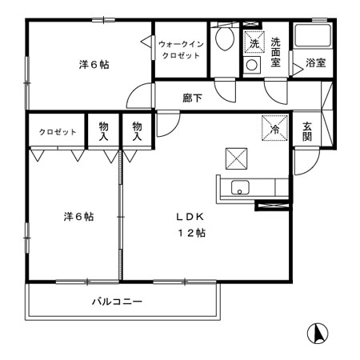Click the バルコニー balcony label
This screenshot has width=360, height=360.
click(x=116, y=302)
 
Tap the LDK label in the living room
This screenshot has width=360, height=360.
click(x=190, y=216)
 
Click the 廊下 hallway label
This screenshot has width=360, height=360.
click(x=191, y=98)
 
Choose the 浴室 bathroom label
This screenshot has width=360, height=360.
click(x=315, y=63)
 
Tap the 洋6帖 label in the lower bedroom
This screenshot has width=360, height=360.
click(x=78, y=215)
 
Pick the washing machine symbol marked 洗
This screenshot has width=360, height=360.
click(x=254, y=42)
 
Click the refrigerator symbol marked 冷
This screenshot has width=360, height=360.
click(x=271, y=126)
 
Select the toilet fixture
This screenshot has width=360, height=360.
click(x=225, y=40)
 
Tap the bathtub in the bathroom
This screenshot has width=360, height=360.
click(x=313, y=35)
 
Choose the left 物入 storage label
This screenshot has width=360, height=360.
click(x=104, y=131)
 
